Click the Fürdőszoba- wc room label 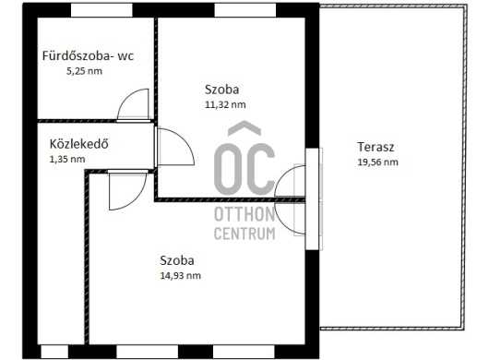point(88,55)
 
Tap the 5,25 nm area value point(84,71)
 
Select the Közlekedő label point(79,144)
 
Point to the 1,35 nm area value point(67,159)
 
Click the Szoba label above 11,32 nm point(221,90)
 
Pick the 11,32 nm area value point(225,104)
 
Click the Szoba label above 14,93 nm point(177,260)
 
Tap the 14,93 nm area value point(180,276)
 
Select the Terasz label point(376,147)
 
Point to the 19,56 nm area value point(377,162)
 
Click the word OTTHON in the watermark point(244,214)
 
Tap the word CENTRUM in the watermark point(244,234)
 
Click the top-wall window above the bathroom point(101,10)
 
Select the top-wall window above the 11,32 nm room point(245,10)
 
